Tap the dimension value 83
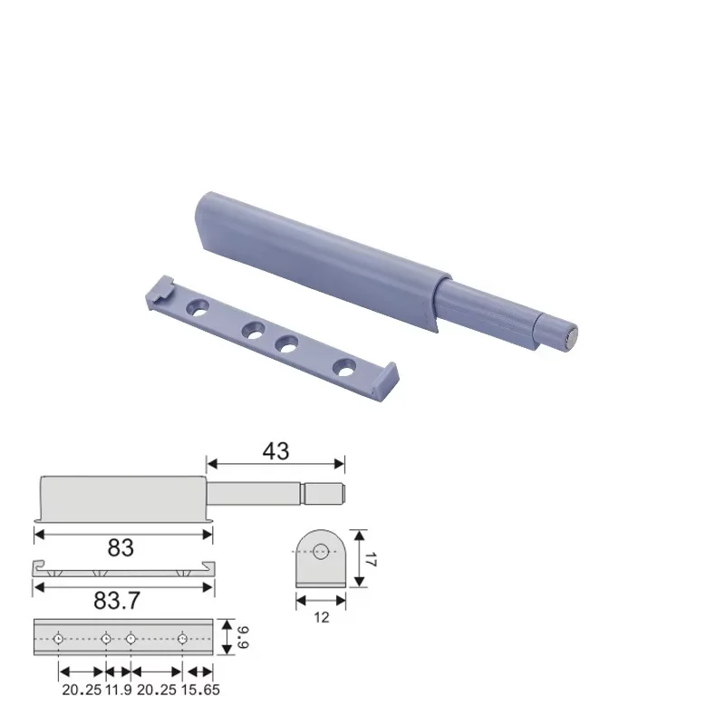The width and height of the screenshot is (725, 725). [x=121, y=548]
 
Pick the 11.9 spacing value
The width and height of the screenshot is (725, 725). [x=118, y=690]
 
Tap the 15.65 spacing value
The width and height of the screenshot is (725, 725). [x=199, y=690]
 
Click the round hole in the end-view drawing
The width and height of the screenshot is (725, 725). [x=320, y=548]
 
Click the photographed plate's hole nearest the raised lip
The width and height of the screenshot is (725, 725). [x=345, y=367]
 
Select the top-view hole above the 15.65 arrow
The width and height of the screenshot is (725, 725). [x=182, y=637]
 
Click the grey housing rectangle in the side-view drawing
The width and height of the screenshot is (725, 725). [x=122, y=498]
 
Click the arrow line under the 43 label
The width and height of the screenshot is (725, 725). [x=275, y=464]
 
